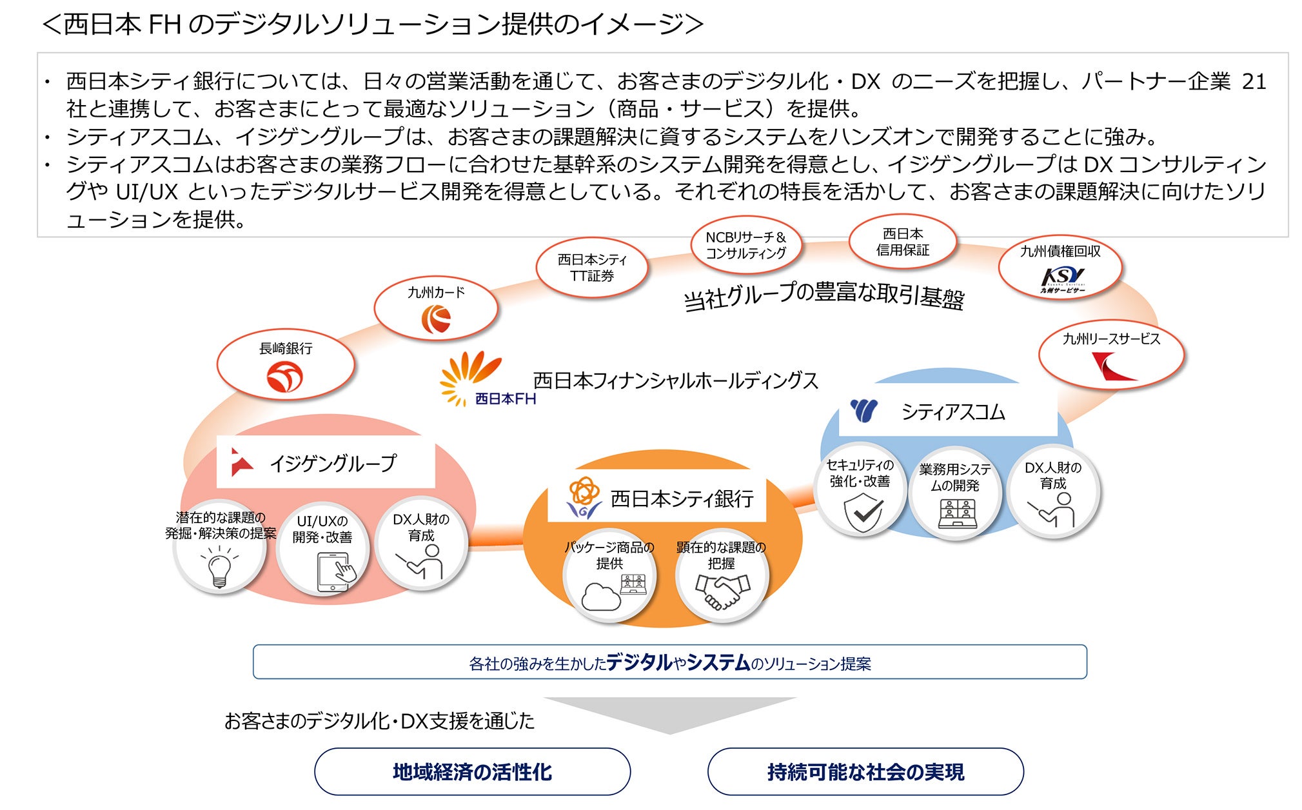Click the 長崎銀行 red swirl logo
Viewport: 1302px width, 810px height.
point(284,377)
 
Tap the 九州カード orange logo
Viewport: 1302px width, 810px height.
point(436,319)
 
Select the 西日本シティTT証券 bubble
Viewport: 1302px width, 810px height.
point(592,268)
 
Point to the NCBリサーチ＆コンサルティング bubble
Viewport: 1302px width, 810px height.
point(745,246)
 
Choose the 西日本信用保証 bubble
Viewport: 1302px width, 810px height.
point(902,242)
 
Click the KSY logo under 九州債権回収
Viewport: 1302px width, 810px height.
point(1061,279)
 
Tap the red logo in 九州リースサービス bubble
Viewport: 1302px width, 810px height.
point(1113,367)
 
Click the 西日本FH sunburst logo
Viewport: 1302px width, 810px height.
point(468,377)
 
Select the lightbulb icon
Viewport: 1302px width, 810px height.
point(219,567)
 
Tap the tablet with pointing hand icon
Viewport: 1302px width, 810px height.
point(335,571)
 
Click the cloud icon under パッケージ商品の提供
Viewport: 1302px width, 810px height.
point(601,597)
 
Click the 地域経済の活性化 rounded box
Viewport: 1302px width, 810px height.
point(472,772)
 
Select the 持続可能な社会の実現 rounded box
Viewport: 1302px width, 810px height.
point(865,772)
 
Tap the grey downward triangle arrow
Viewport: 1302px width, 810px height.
point(670,713)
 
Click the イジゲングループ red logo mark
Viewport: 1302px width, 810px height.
point(241,462)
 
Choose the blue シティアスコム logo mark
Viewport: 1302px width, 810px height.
point(864,410)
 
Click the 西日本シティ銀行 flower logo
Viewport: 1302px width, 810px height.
point(584,497)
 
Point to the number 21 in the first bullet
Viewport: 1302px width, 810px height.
point(1254,82)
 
